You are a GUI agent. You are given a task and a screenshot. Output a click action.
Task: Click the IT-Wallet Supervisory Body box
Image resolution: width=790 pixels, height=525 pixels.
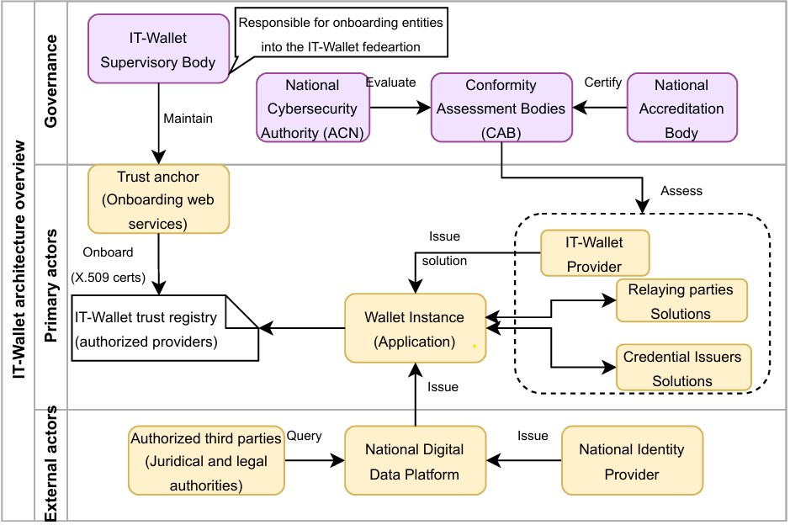pos(158,50)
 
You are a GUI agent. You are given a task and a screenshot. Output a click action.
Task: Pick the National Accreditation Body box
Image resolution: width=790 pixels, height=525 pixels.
pos(681,109)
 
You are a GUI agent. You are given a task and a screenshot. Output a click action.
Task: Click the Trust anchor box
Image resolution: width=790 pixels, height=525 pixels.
pos(158,199)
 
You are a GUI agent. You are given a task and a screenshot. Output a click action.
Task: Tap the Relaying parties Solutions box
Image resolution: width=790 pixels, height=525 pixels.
pos(681,301)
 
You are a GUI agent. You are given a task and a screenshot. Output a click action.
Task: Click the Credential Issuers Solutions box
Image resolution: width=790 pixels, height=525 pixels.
pos(681,368)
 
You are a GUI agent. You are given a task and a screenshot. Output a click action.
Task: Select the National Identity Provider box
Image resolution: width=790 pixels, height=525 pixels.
pos(631,461)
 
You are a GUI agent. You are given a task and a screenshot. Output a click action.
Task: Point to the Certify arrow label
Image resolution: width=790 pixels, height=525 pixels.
pos(602,82)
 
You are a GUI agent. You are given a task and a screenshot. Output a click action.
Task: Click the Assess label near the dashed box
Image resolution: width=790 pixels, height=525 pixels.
pos(681,191)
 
